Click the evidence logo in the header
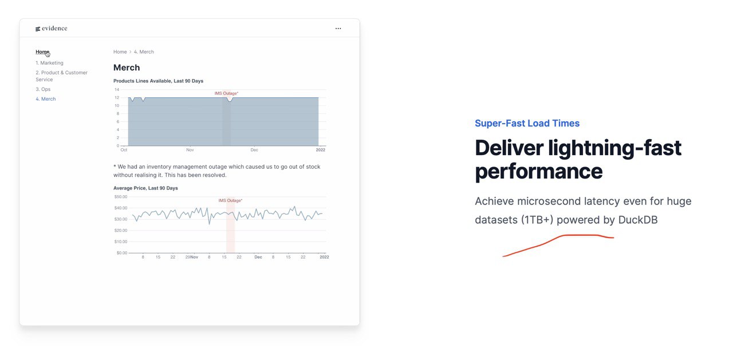[52, 29]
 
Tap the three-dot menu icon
[338, 29]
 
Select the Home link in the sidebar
[42, 52]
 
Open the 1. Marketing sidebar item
[49, 63]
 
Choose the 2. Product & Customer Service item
[61, 76]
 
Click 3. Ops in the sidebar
[43, 89]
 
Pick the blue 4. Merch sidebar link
[46, 99]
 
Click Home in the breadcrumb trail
[120, 52]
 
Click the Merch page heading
[127, 68]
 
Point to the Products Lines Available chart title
[159, 81]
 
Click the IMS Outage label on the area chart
[226, 93]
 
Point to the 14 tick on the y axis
[117, 90]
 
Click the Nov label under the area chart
[190, 150]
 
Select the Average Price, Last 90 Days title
[145, 188]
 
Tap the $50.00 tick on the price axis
[121, 197]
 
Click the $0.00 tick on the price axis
[122, 253]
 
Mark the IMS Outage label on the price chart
[230, 200]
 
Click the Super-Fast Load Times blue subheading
[527, 123]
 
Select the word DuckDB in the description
[638, 220]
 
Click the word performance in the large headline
[539, 171]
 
